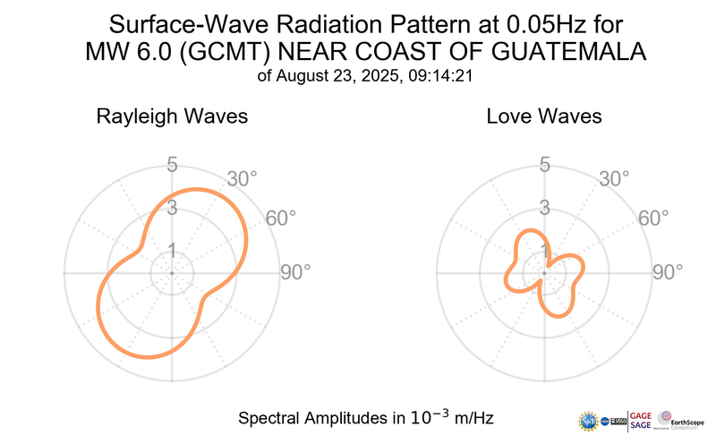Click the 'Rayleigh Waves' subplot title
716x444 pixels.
click(x=173, y=116)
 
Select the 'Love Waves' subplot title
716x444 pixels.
click(x=543, y=116)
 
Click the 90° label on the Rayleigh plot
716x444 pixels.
click(x=295, y=272)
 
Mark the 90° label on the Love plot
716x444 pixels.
click(x=668, y=272)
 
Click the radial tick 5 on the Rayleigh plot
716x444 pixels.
click(x=172, y=165)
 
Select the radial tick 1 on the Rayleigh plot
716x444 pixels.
click(x=172, y=250)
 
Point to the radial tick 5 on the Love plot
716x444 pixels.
click(x=544, y=165)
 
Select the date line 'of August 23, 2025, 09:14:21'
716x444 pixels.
click(x=364, y=77)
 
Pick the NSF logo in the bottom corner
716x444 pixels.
click(x=591, y=419)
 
